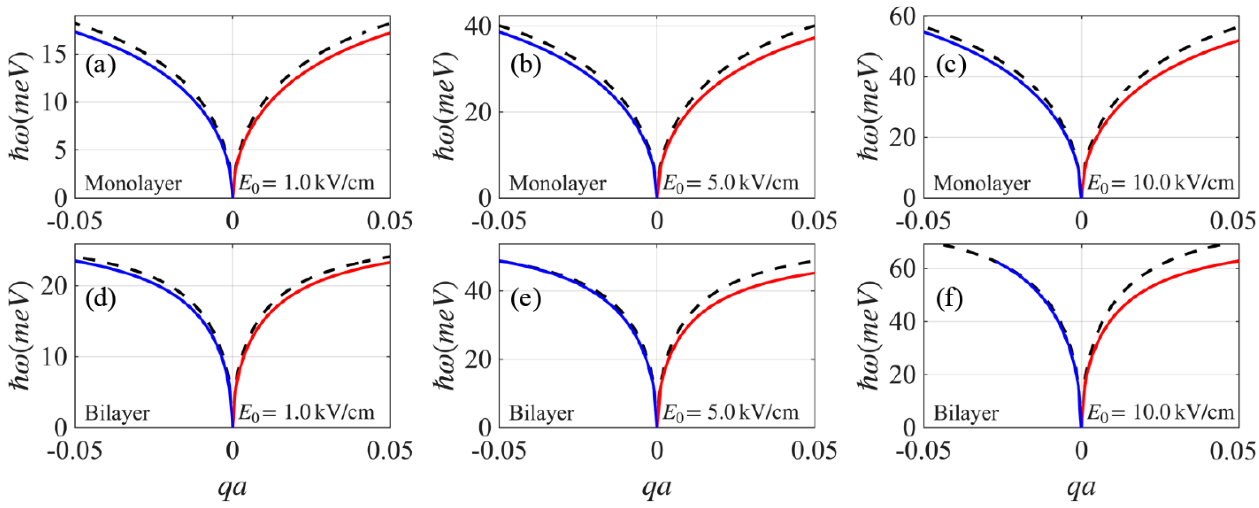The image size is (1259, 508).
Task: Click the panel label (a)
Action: [x=101, y=65]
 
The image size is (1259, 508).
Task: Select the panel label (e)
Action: [x=526, y=298]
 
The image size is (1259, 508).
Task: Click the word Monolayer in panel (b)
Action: [x=558, y=183]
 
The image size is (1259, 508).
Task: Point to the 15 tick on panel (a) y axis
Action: [x=54, y=55]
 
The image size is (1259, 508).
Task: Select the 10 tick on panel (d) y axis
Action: [x=54, y=357]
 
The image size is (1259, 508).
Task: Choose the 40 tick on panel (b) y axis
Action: [x=478, y=26]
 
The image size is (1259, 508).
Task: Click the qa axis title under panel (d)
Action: [x=232, y=487]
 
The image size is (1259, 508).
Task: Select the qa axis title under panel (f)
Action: [x=1081, y=487]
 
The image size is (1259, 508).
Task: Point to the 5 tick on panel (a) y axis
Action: [x=60, y=151]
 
